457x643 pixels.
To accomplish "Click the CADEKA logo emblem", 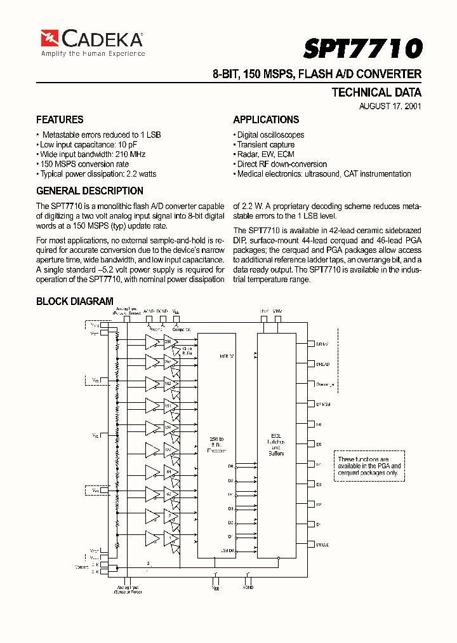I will coord(50,39).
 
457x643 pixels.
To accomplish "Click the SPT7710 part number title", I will coord(362,49).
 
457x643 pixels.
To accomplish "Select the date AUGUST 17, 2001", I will coord(390,106).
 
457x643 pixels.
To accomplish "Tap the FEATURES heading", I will coord(60,119).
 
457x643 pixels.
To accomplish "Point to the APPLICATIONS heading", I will coord(266,119).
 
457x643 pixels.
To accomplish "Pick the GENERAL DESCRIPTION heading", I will coord(89,191).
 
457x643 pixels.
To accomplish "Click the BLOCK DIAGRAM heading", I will coord(75,301).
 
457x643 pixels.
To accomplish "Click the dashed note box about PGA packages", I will coord(369,466).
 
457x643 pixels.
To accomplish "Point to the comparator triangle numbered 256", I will coord(152,343).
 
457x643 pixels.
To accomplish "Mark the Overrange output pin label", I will coord(325,384).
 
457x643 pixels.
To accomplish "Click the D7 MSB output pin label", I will coord(323,404).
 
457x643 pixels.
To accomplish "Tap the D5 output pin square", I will coord(311,444).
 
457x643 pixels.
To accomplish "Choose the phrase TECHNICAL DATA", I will coord(376,92).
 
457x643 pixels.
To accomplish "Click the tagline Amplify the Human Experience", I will coord(93,54).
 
